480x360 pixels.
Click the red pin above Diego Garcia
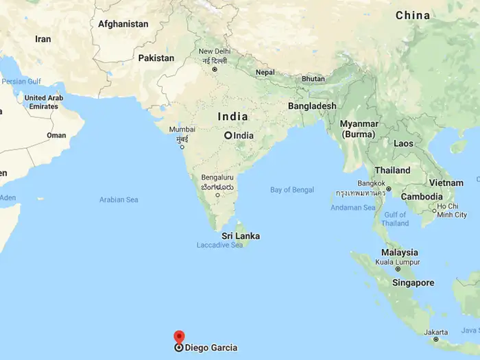pos(179,336)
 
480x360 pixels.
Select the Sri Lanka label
pos(241,236)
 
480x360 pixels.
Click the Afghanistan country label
pos(123,24)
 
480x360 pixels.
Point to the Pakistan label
pos(156,58)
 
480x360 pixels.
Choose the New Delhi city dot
pos(215,69)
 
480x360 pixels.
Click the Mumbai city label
pos(182,129)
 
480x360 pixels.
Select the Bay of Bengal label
pos(292,189)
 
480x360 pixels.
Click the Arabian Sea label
pos(119,200)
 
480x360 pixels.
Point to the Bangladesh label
pos(312,106)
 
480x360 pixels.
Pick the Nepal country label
pos(265,72)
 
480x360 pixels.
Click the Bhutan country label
pos(313,79)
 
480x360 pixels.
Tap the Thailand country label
pos(393,170)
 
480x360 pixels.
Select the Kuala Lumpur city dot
pos(398,269)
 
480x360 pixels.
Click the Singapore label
pos(413,283)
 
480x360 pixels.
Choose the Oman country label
pos(56,136)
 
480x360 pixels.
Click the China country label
pos(413,15)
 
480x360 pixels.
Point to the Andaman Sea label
pos(353,207)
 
